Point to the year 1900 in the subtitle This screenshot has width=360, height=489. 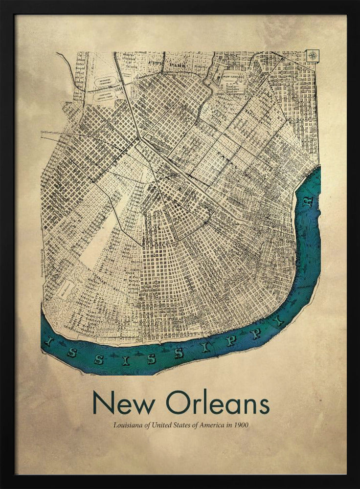tap(240, 425)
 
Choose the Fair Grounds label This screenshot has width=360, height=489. tap(233, 77)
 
